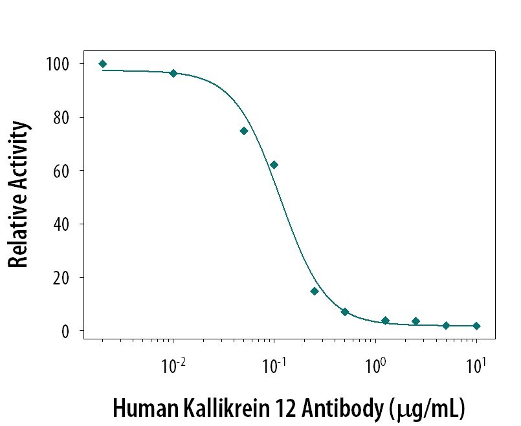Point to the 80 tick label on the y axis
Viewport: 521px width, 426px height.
pyautogui.click(x=61, y=118)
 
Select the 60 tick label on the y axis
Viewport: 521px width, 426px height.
pyautogui.click(x=61, y=171)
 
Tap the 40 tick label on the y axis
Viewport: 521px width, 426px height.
pyautogui.click(x=61, y=224)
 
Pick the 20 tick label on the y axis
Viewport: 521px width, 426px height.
pyautogui.click(x=61, y=278)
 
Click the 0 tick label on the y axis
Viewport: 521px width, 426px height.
pyautogui.click(x=65, y=331)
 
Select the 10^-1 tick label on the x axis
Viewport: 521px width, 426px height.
pyautogui.click(x=272, y=367)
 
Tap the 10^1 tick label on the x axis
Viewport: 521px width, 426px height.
pyautogui.click(x=476, y=367)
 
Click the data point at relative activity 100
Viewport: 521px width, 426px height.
pyautogui.click(x=103, y=64)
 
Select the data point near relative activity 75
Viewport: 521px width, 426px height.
pyautogui.click(x=244, y=131)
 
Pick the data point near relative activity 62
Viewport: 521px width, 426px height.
pyautogui.click(x=274, y=165)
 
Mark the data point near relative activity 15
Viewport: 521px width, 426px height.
pyautogui.click(x=315, y=291)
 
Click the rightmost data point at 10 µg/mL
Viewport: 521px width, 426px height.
pyautogui.click(x=476, y=326)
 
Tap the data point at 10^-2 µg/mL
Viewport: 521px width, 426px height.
pyautogui.click(x=173, y=73)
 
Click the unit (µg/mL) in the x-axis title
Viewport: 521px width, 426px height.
pyautogui.click(x=430, y=410)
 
